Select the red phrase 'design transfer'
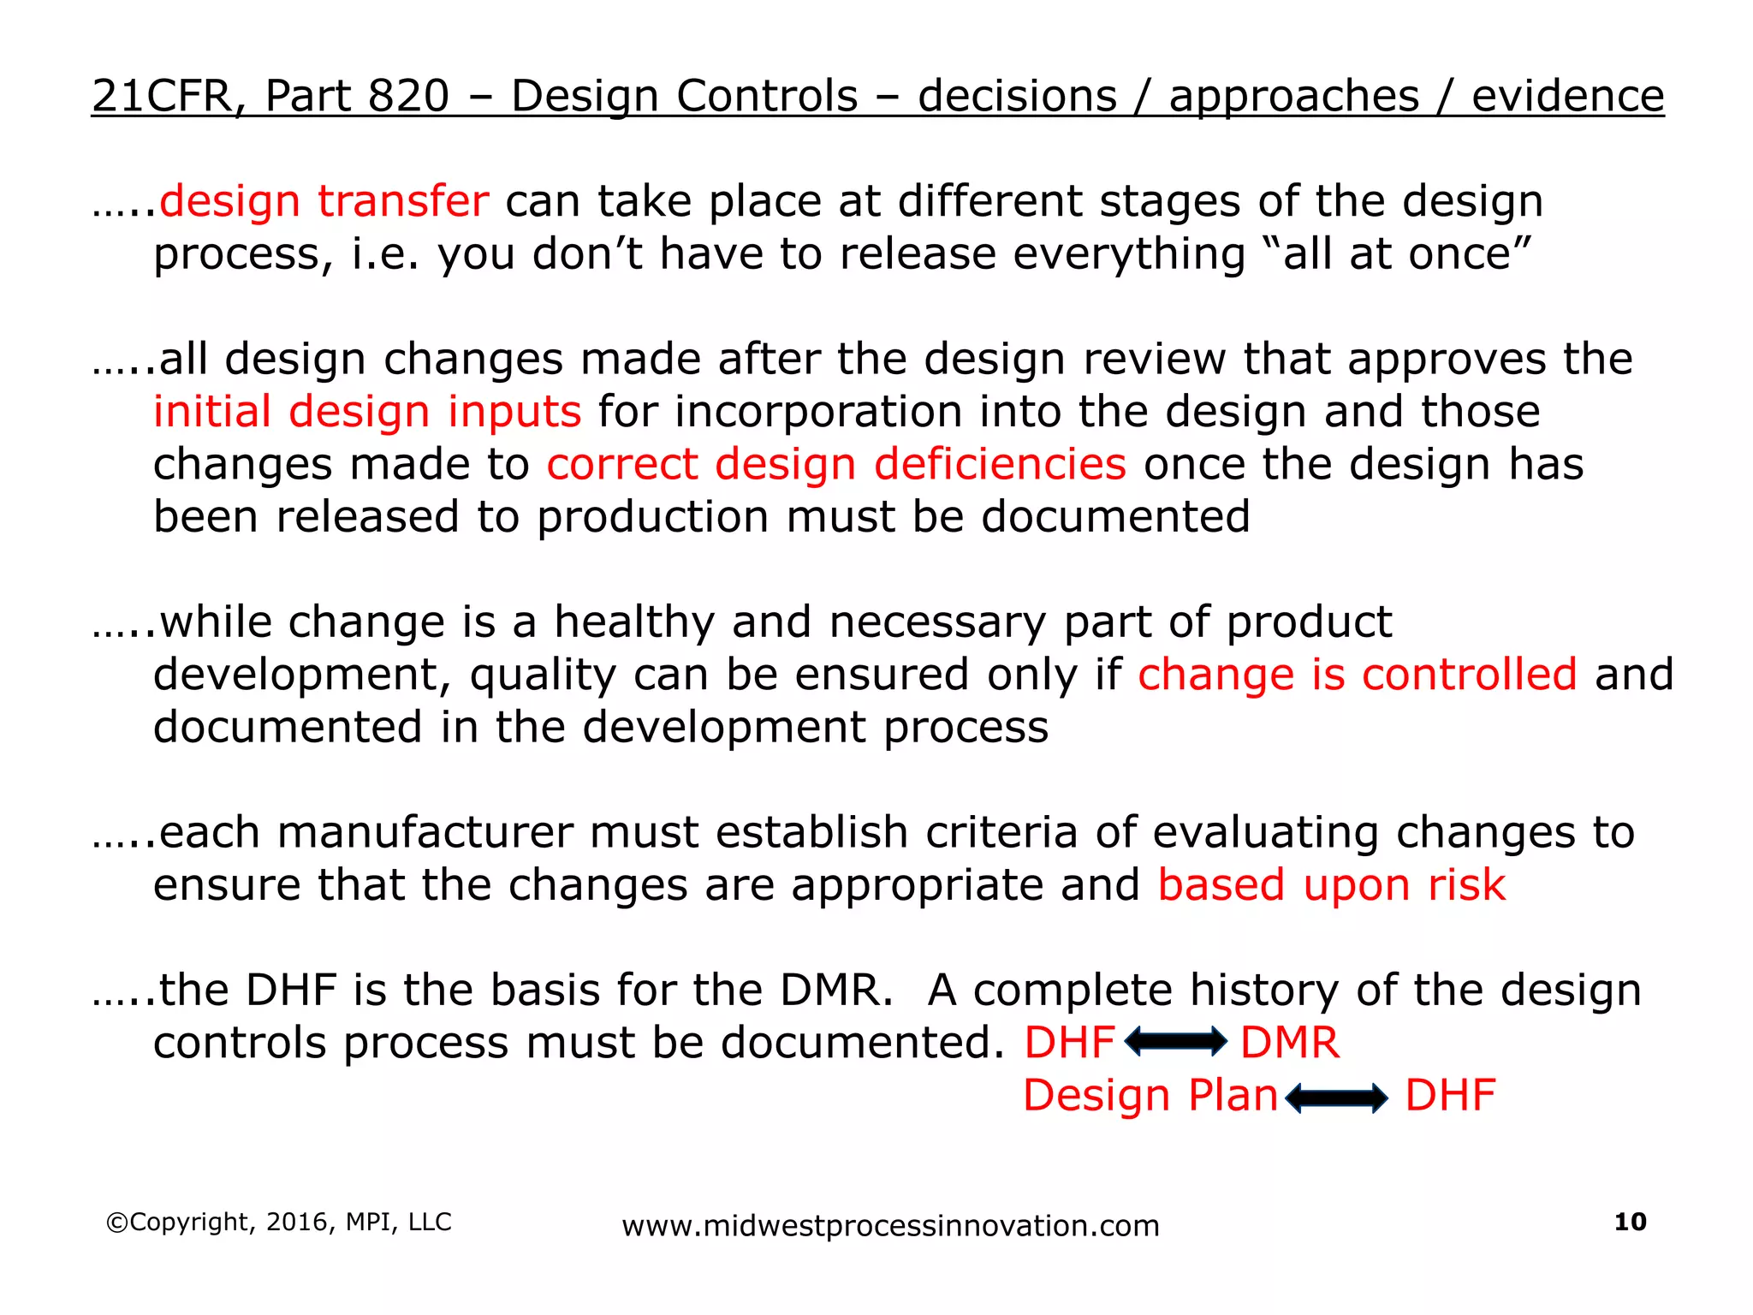324,202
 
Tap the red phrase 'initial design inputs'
367,412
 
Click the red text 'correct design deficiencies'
836,465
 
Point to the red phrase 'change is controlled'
1357,675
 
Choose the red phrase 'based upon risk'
1331,885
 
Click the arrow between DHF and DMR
1176,1042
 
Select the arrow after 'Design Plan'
1336,1097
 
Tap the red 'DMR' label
1290,1043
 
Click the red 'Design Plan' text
1150,1096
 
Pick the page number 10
1630,1222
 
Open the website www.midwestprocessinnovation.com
890,1226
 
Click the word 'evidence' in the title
1567,96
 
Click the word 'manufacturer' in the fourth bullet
425,833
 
